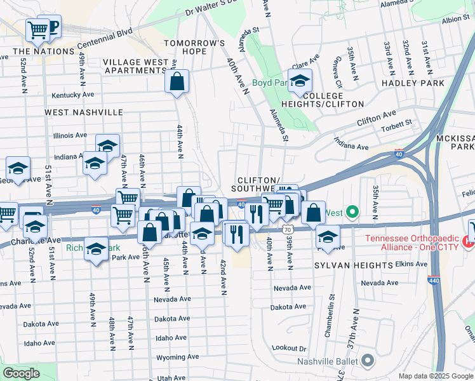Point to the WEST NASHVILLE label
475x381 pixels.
84,112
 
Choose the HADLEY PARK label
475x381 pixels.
413,83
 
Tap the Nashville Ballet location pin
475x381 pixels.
367,362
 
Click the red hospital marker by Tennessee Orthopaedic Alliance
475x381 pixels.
469,241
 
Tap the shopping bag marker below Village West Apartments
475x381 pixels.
177,81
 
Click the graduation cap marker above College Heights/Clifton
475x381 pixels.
300,80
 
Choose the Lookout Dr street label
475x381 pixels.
288,349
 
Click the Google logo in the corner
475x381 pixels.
21,373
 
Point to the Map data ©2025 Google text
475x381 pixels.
436,376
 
